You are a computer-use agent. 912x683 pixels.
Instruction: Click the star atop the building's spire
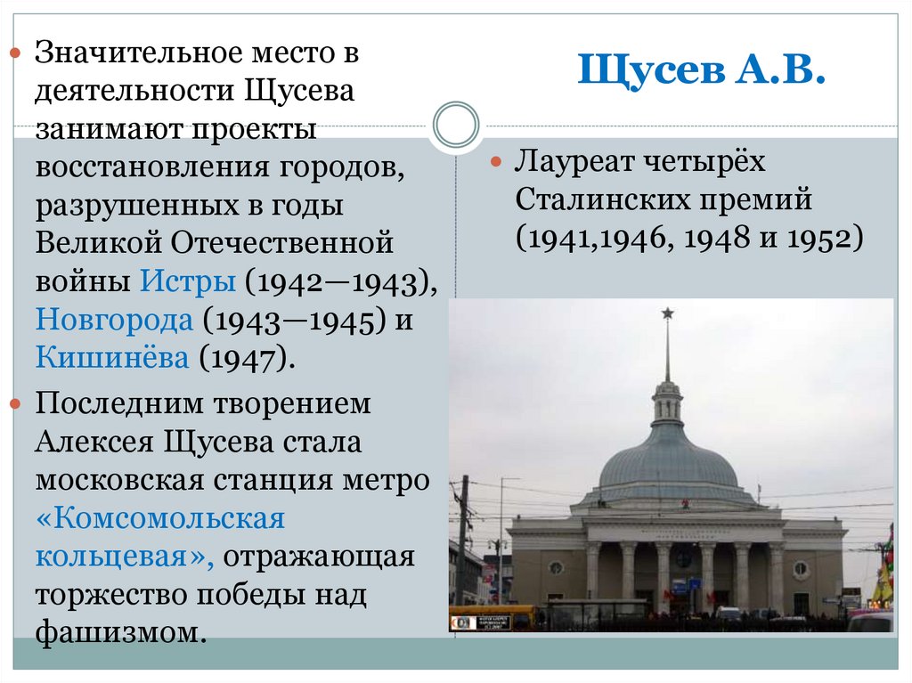tap(666, 313)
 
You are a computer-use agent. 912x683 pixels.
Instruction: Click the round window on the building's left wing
tap(556, 567)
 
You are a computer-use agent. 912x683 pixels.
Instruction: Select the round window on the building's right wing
tap(801, 567)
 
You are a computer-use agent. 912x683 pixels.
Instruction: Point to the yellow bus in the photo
tap(495, 618)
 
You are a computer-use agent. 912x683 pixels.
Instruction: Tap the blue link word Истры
tap(188, 281)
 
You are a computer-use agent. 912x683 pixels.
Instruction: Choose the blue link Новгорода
tap(114, 320)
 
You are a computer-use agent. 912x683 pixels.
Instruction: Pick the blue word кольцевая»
tap(125, 557)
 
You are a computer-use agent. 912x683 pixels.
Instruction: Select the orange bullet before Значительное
tap(15, 55)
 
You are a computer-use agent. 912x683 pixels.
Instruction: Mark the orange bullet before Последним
tap(15, 404)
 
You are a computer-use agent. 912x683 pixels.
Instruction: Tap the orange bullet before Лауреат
tap(496, 164)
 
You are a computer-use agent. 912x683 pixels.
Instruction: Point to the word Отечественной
tap(282, 243)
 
